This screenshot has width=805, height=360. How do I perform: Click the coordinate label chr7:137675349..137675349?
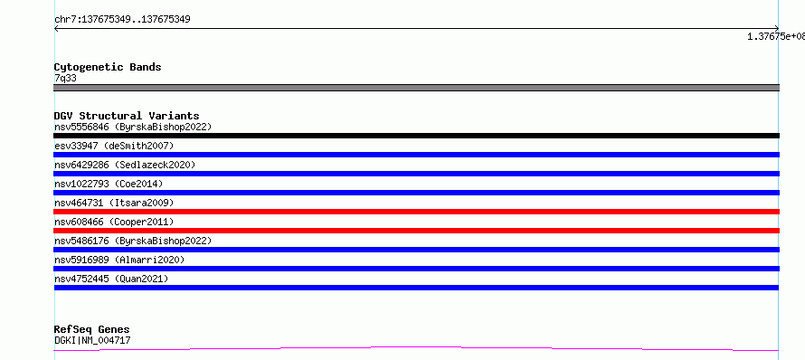(x=122, y=20)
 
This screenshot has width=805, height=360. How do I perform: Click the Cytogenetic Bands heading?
(x=108, y=67)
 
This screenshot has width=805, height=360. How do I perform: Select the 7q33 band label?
(x=66, y=79)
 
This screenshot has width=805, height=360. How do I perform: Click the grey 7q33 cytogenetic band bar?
(x=416, y=88)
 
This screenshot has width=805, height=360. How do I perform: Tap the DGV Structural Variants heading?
(x=127, y=116)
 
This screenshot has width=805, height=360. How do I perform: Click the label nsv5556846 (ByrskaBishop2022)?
(x=133, y=127)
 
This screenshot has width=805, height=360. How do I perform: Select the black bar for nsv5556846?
(x=416, y=136)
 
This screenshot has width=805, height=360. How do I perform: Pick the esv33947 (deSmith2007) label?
(x=114, y=146)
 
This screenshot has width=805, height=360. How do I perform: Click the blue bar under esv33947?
(x=416, y=155)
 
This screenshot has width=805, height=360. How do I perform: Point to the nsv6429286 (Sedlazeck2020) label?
(x=125, y=165)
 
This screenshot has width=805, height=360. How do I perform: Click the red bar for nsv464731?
(x=416, y=212)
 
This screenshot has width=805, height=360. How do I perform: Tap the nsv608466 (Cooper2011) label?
(x=114, y=222)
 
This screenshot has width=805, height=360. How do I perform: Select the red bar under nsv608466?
(x=416, y=231)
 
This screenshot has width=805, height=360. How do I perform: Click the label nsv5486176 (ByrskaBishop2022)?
(x=133, y=241)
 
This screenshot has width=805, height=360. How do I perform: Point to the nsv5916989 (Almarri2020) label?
(x=119, y=260)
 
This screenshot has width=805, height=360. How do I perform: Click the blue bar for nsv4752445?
(x=416, y=288)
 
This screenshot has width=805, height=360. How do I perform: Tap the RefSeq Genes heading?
(x=92, y=330)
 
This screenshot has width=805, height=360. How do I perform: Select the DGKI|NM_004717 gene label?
(x=92, y=340)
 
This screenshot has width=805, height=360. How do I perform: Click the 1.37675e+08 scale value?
(x=776, y=36)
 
